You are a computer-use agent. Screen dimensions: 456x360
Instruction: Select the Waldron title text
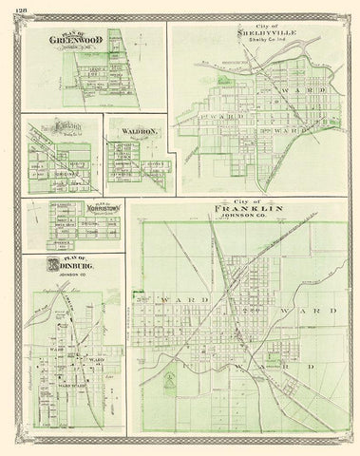point(132,132)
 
